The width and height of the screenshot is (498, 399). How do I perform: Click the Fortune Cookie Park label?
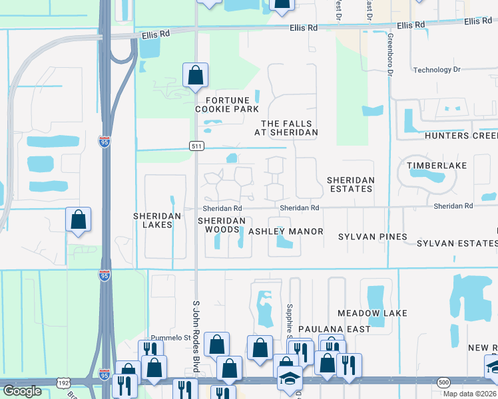(x=226, y=104)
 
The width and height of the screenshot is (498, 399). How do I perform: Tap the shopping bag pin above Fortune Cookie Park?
(x=195, y=76)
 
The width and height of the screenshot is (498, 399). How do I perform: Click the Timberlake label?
(x=437, y=165)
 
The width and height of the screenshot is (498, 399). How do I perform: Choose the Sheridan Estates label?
(x=350, y=184)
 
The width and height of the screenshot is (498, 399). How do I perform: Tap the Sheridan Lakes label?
(x=152, y=220)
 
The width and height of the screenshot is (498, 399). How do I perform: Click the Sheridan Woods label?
(x=222, y=225)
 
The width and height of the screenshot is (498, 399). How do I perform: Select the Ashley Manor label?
(x=286, y=231)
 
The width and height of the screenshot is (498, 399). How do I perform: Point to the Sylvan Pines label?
(x=372, y=237)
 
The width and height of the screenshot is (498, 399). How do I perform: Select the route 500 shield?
(x=444, y=382)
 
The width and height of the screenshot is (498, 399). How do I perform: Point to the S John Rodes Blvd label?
(x=196, y=325)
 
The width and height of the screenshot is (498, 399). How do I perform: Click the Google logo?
(x=22, y=392)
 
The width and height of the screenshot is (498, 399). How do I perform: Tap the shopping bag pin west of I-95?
(x=78, y=220)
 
